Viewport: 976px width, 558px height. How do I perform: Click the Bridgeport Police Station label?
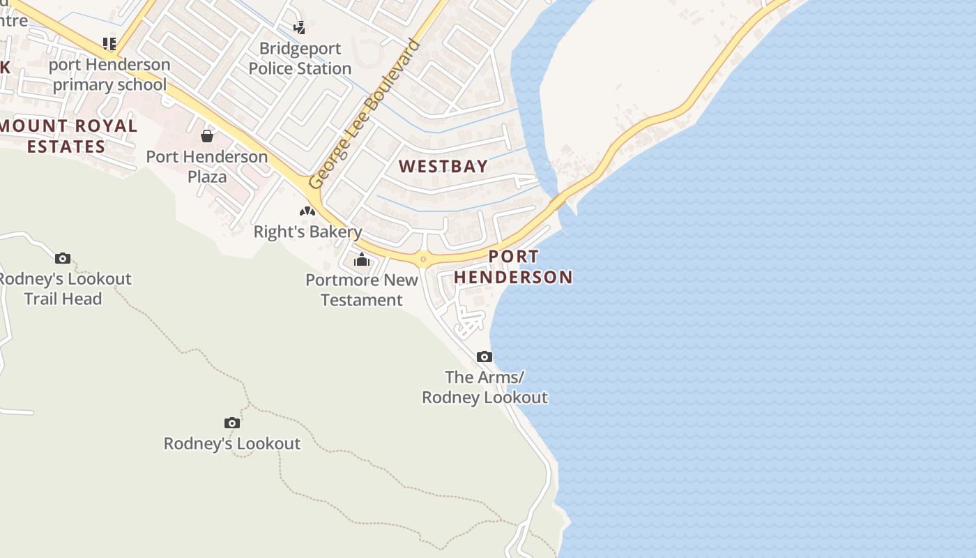[x=300, y=59]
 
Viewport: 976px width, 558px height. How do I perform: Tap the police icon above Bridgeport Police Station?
[x=299, y=28]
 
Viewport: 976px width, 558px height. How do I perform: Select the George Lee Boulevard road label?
[x=365, y=114]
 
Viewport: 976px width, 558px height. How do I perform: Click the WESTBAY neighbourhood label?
[x=443, y=167]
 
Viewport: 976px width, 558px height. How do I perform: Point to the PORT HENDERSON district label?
[x=513, y=267]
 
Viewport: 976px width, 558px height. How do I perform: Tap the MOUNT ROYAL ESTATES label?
[x=67, y=136]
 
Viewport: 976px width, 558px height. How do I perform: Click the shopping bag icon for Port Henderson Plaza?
[x=207, y=135]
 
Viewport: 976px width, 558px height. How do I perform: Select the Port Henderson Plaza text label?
[x=207, y=167]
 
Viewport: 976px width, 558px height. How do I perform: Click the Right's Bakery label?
[x=307, y=232]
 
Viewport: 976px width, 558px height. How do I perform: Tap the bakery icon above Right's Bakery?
[x=307, y=211]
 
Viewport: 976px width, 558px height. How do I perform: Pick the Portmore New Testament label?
[x=362, y=290]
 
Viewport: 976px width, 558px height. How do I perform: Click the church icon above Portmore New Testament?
[x=362, y=260]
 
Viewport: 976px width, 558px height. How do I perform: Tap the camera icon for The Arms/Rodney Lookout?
[x=485, y=356]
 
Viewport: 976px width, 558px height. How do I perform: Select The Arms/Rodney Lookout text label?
[x=485, y=387]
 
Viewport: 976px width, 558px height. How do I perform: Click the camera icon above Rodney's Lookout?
[x=232, y=423]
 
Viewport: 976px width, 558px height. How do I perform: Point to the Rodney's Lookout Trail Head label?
[x=63, y=289]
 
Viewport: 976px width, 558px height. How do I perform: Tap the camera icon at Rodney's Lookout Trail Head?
[x=63, y=258]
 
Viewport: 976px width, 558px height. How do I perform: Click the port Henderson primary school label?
[x=110, y=75]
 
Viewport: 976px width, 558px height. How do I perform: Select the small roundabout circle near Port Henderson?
[x=422, y=259]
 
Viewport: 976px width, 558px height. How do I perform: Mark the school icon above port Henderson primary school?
[x=109, y=44]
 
